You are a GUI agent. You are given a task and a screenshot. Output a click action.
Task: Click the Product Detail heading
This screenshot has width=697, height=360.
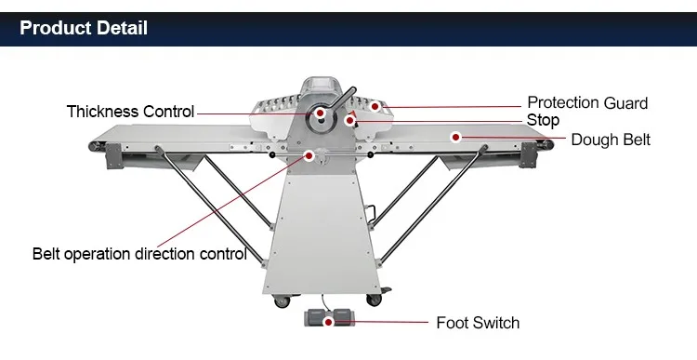coord(84,28)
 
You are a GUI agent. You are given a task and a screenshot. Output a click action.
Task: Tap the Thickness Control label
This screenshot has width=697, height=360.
coord(131,112)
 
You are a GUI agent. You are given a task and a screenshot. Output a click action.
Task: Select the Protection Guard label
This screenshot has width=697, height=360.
coord(587,103)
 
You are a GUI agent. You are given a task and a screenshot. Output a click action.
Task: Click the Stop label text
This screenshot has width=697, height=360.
coord(543,121)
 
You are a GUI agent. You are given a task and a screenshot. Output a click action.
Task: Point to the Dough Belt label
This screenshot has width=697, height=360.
coord(611,140)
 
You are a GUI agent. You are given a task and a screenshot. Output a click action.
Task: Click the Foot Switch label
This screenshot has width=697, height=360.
coord(478,323)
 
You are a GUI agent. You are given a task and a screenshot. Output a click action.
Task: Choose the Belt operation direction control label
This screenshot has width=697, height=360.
coord(139,254)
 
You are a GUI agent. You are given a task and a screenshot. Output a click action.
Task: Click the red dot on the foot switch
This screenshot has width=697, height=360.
coord(328,322)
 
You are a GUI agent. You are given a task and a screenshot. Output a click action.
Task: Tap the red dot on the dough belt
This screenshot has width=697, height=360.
coord(455,138)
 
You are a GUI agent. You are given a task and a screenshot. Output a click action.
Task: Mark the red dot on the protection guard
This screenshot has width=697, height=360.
coord(375,107)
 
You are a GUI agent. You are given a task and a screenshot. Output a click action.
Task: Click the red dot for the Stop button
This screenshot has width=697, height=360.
coord(349,120)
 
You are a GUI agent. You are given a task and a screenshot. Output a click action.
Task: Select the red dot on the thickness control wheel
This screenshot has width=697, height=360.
coord(320,113)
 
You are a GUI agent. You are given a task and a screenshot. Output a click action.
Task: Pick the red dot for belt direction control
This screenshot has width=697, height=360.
coord(309,155)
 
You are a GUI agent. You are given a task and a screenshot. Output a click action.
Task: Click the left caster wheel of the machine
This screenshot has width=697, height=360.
coord(282,301)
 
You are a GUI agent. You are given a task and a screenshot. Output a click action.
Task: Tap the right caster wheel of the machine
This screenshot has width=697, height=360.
coord(374,300)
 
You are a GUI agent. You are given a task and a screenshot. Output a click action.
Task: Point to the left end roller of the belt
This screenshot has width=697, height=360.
coord(94,145)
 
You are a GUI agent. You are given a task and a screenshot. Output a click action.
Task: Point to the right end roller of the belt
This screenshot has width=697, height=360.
coord(548,144)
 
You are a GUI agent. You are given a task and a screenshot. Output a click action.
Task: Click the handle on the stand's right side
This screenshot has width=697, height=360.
coord(370,213)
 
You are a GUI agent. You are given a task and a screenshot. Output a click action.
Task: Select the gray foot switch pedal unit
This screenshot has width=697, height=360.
coord(329,318)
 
